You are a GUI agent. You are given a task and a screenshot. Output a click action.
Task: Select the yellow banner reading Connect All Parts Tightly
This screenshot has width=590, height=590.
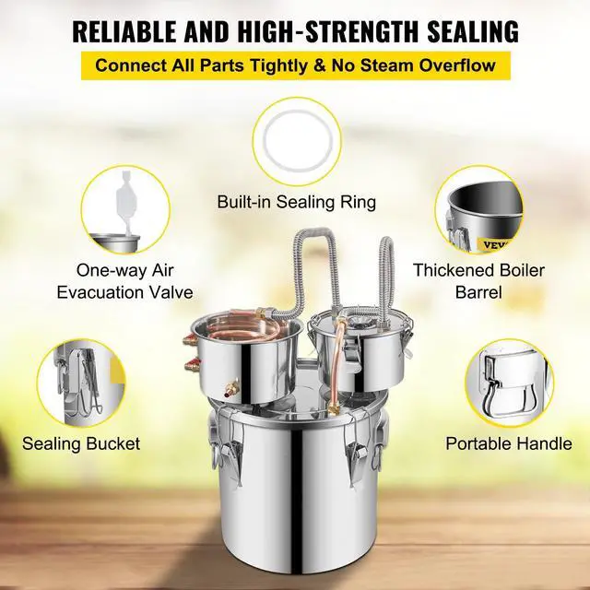[295, 65]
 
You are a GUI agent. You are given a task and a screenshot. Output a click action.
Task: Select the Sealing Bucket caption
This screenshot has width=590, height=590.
[82, 443]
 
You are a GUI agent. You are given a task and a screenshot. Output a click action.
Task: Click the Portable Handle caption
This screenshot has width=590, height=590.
[509, 443]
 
